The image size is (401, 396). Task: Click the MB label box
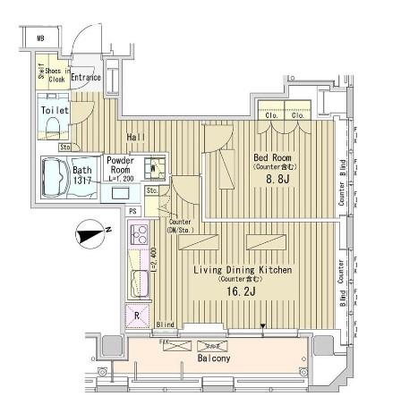(40, 38)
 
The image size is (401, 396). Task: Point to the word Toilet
(54, 110)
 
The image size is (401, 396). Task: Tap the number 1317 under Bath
(82, 180)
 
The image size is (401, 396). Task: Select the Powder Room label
(120, 165)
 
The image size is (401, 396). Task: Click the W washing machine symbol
(153, 167)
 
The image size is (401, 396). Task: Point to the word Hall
(136, 137)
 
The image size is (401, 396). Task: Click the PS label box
(132, 211)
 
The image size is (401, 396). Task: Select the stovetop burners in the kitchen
(139, 234)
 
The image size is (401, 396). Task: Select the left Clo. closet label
(271, 114)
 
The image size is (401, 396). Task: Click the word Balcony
(214, 358)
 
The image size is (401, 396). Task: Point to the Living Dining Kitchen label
(243, 269)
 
